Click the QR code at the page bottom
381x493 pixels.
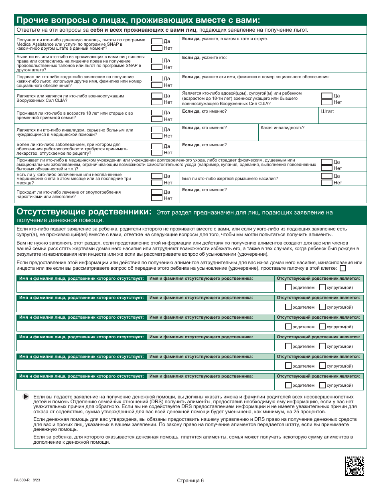click(x=354, y=466)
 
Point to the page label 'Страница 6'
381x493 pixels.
click(x=190, y=481)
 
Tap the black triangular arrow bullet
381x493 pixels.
click(x=26, y=396)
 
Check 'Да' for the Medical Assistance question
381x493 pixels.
click(x=157, y=41)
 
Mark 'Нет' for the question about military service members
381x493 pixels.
click(x=157, y=102)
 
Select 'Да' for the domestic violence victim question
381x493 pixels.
click(x=327, y=176)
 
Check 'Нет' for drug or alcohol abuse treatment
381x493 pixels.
click(x=157, y=198)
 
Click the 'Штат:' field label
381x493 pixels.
click(x=328, y=111)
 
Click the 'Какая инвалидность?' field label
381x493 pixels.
click(x=282, y=127)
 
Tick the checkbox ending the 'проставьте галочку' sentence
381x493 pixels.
click(x=343, y=268)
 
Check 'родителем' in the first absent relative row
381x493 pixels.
click(x=288, y=287)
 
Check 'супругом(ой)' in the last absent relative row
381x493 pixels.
click(x=322, y=385)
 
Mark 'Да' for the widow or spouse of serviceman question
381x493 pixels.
click(x=327, y=96)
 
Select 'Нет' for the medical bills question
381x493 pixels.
click(x=157, y=183)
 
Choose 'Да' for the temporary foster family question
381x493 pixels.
click(x=157, y=113)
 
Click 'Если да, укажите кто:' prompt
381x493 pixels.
click(x=205, y=58)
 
